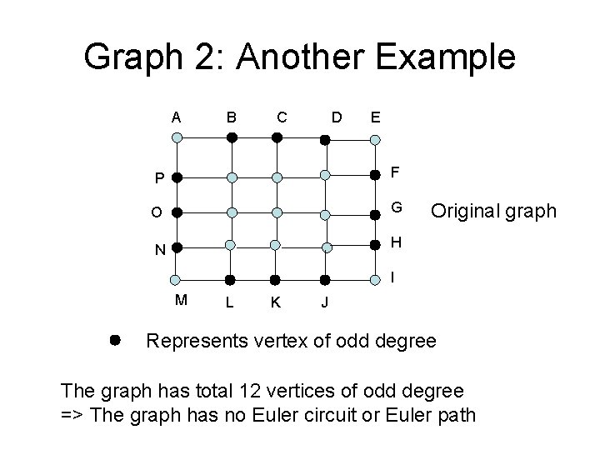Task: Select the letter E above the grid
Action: click(x=376, y=117)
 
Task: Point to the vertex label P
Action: click(x=159, y=178)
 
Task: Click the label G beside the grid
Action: click(x=397, y=207)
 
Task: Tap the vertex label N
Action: click(x=159, y=249)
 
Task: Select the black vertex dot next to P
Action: click(x=177, y=177)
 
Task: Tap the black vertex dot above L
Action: click(x=232, y=279)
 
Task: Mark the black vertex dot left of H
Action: click(x=375, y=245)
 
